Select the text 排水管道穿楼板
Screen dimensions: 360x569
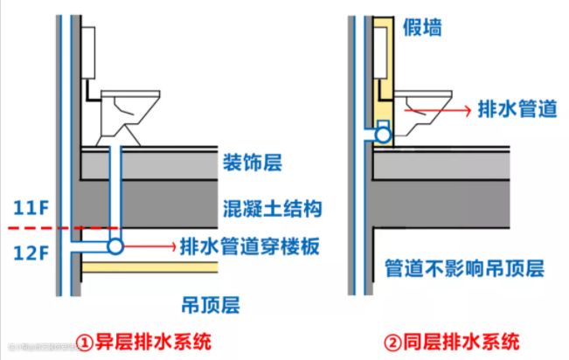point(247,247)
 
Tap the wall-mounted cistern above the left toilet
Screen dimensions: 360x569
point(87,52)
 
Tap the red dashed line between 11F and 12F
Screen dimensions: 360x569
point(52,229)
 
